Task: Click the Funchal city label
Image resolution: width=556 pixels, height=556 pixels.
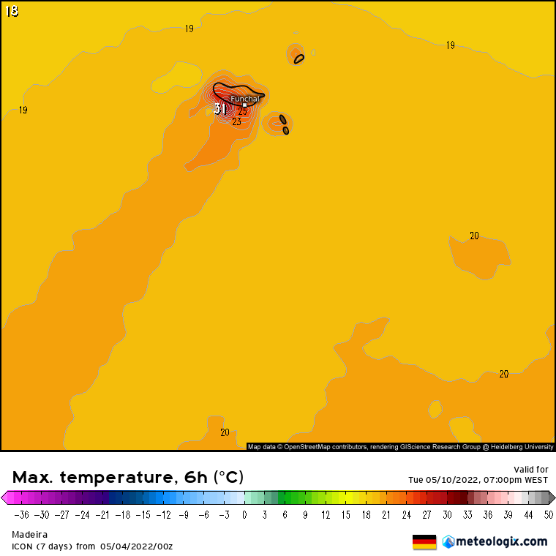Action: coord(245,99)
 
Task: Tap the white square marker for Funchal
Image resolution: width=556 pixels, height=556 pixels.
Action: coord(244,105)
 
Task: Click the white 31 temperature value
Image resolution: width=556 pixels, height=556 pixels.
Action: coord(220,109)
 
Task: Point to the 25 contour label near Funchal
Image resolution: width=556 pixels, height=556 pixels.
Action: coord(242,112)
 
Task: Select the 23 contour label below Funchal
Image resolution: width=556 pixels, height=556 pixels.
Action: coord(236,122)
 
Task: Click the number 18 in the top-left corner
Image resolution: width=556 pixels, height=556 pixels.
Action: coord(12,11)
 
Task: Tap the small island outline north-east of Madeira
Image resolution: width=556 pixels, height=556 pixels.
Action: coord(298,59)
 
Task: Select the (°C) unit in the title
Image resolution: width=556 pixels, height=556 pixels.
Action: coord(228,478)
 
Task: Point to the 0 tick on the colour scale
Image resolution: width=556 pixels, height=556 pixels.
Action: coord(244,514)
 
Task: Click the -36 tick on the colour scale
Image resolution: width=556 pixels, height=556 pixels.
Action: coord(20,514)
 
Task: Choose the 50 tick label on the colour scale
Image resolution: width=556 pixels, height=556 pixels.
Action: coord(548,514)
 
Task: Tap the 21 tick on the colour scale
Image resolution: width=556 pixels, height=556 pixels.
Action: coord(386,514)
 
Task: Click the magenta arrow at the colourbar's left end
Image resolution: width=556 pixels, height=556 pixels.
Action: coord(5,498)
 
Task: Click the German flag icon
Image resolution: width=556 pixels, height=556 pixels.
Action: coord(424,541)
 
